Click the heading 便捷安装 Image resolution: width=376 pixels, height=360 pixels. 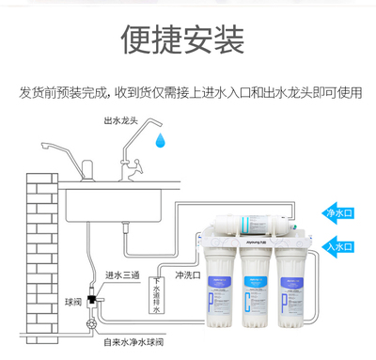(x=184, y=39)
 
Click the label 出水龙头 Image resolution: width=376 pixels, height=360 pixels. (x=123, y=121)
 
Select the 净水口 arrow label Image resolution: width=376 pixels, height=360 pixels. (x=337, y=213)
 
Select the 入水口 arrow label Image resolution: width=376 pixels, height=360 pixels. (x=337, y=246)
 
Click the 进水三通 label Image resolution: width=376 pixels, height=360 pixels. (x=123, y=275)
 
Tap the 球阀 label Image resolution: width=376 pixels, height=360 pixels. (x=73, y=303)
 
